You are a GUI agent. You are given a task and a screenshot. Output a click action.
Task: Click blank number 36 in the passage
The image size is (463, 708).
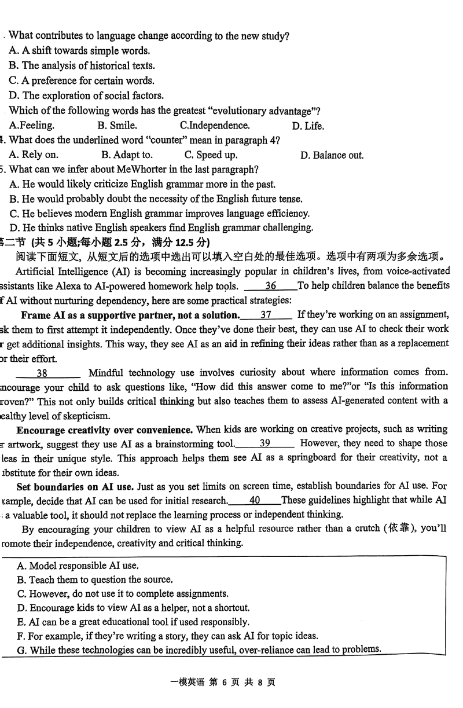coord(270,285)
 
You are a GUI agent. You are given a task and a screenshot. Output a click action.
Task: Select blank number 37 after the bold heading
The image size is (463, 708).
coord(266,315)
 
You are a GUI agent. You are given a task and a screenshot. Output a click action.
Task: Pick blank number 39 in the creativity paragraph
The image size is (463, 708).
coord(265,443)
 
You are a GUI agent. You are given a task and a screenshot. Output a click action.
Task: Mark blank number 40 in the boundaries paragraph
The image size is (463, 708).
coord(254,500)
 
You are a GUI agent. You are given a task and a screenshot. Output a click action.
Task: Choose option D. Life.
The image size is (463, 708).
coord(308,126)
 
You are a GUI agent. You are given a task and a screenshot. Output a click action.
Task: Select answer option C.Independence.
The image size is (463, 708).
coord(215,126)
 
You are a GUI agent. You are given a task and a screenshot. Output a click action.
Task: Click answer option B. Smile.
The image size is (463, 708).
coord(117,126)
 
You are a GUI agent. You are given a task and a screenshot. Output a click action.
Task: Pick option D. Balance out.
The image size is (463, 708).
coord(332,155)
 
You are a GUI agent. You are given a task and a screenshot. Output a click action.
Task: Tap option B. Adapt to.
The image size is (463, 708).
coord(127,155)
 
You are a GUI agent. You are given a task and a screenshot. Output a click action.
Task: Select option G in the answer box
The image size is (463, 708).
coord(199,650)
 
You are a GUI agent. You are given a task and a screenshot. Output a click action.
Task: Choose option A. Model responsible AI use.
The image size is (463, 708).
coord(78,566)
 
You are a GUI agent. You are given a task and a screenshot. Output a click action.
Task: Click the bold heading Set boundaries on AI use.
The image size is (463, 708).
coord(75,486)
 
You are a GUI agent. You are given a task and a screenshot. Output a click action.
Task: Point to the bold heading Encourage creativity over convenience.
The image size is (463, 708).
coord(104,430)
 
